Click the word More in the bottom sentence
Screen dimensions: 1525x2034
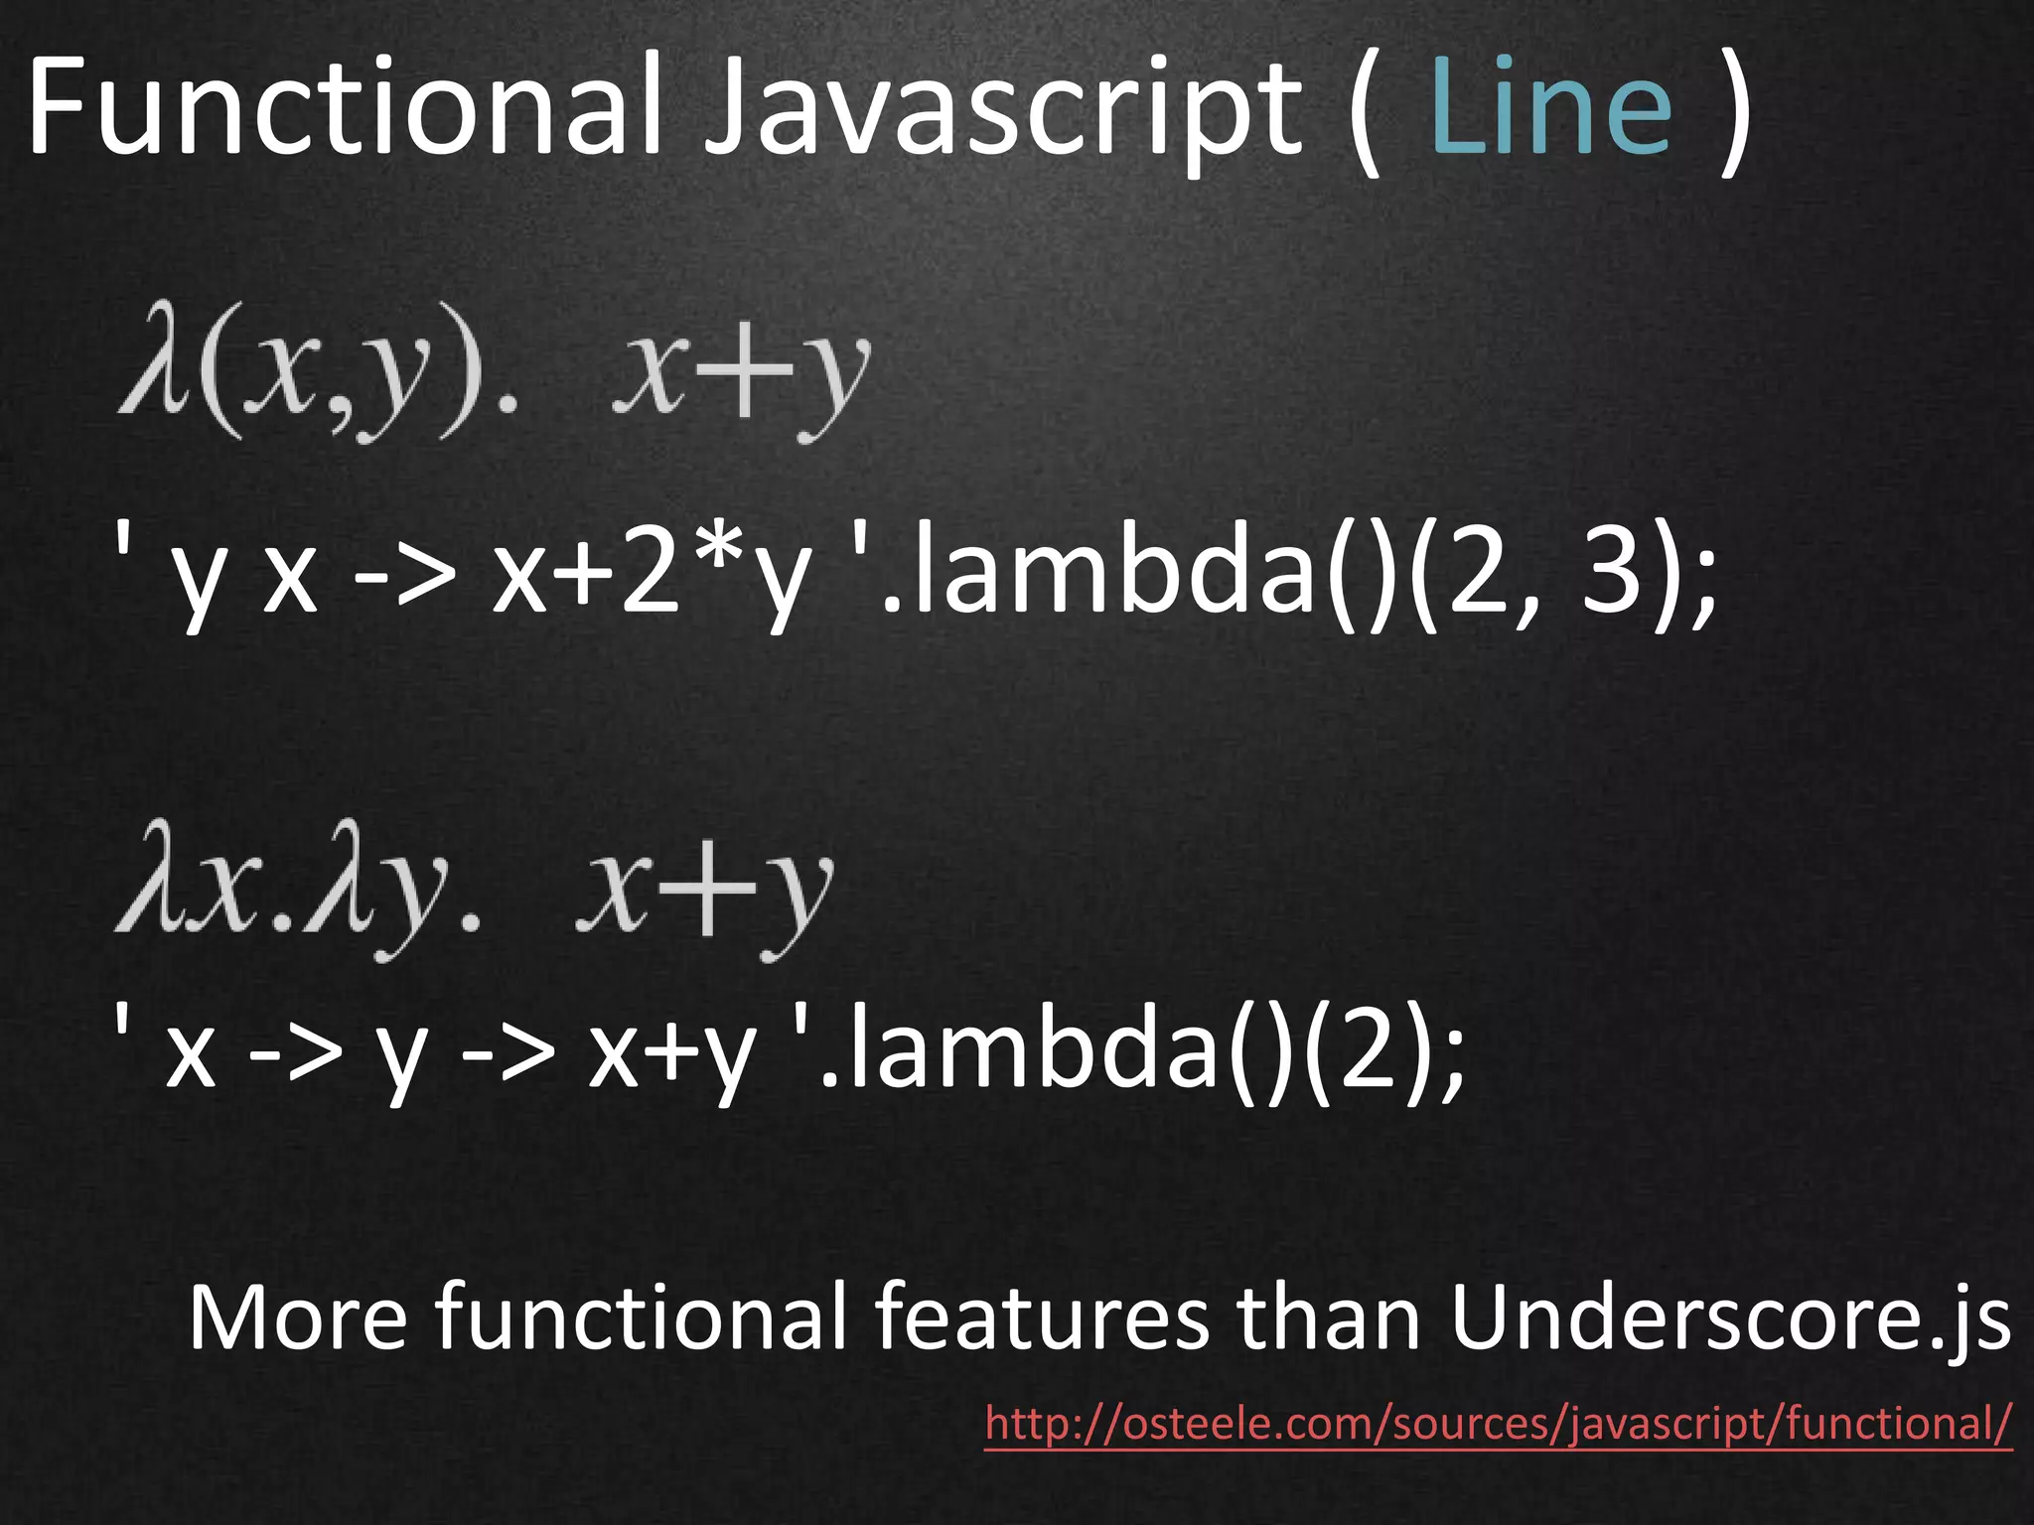pos(298,1317)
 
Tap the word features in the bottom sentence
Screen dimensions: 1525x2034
pos(1042,1317)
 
